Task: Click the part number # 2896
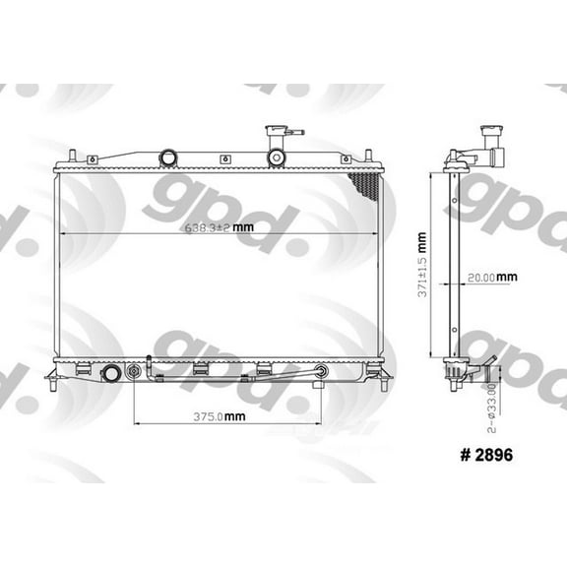point(481,456)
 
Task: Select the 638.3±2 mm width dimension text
point(217,228)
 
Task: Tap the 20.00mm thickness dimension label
point(492,277)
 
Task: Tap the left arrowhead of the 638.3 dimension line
point(64,233)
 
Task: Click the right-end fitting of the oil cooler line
point(320,372)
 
